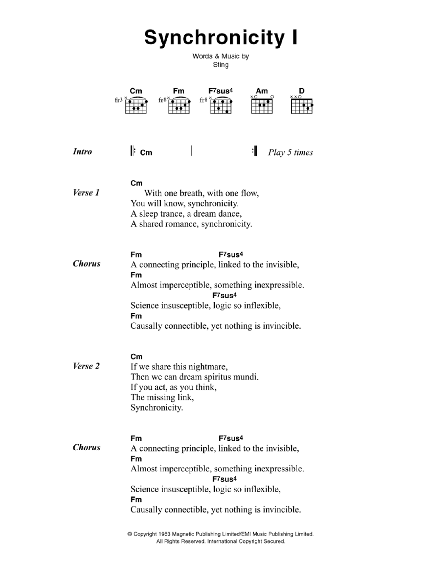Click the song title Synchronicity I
(221, 37)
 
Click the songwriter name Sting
(221, 65)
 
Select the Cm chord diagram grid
(136, 106)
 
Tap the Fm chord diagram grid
(179, 106)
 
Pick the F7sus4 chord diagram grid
(221, 106)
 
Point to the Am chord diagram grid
(262, 106)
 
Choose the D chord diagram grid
(302, 106)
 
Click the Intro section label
(82, 152)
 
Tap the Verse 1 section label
(86, 193)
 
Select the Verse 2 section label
(86, 366)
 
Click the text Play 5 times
(290, 153)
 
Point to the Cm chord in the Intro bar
(146, 153)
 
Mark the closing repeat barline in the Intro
(254, 151)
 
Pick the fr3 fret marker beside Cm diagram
(118, 100)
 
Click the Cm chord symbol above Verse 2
(136, 356)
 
